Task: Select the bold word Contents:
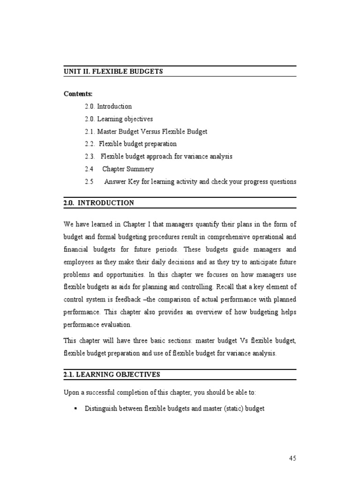[x=78, y=94]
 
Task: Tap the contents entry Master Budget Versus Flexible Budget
[x=152, y=132]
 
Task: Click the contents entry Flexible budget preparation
[x=138, y=144]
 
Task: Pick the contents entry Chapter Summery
[x=128, y=169]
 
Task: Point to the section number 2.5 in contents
[x=90, y=181]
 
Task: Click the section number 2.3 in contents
[x=90, y=157]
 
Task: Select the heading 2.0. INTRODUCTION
[x=99, y=203]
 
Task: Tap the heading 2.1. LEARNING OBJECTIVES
[x=112, y=375]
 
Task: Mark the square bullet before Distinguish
[x=75, y=409]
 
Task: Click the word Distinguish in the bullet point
[x=100, y=409]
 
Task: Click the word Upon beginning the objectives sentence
[x=72, y=392]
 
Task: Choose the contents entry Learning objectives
[x=125, y=119]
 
